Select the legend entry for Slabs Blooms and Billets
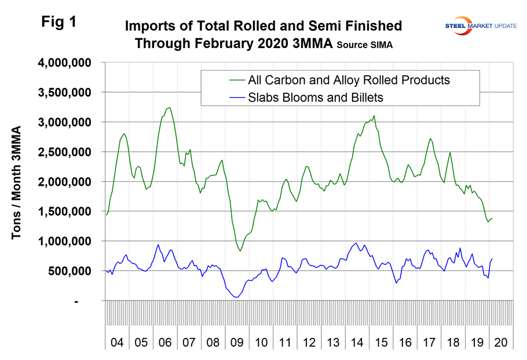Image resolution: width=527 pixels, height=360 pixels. [x=315, y=98]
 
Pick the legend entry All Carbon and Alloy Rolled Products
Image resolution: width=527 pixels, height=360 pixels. [x=348, y=79]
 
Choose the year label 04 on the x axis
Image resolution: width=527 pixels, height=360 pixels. [x=116, y=342]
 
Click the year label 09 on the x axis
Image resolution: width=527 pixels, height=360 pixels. [x=237, y=342]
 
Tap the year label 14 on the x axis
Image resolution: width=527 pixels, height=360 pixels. [x=356, y=342]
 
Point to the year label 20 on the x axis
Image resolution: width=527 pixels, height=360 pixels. [x=501, y=342]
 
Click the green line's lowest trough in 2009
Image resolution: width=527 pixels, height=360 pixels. [x=240, y=251]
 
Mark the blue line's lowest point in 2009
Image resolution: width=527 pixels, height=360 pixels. [x=236, y=297]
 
